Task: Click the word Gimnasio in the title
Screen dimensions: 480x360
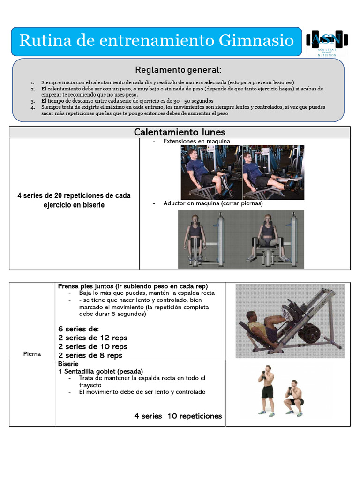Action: click(x=256, y=41)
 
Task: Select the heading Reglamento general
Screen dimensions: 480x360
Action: click(x=178, y=70)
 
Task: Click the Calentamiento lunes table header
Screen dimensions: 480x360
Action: click(x=180, y=132)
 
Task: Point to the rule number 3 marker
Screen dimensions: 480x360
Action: click(x=33, y=101)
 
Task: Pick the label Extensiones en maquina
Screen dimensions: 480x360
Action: click(x=196, y=141)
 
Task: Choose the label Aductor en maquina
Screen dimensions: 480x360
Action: click(x=213, y=203)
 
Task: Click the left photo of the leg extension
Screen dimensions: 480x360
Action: click(x=211, y=172)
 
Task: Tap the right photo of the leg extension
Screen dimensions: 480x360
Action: click(x=273, y=172)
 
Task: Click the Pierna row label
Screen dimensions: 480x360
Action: click(x=32, y=354)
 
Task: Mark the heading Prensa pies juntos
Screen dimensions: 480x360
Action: click(x=133, y=286)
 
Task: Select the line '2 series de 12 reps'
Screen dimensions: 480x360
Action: click(x=93, y=337)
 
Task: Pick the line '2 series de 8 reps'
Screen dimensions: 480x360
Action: click(x=90, y=355)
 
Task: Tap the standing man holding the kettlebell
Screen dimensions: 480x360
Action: click(x=267, y=389)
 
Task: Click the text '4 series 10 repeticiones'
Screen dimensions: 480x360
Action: click(x=178, y=416)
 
